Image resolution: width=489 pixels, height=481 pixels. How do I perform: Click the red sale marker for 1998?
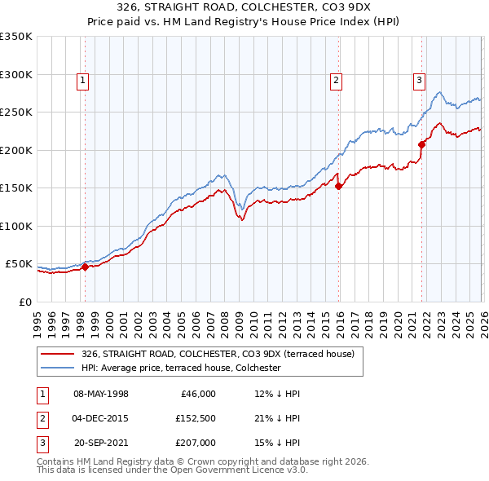(85, 267)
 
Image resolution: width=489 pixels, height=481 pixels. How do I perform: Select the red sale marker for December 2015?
(338, 186)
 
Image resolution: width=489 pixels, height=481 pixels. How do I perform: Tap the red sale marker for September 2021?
(421, 144)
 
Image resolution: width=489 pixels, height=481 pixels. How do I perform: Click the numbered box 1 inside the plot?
(84, 80)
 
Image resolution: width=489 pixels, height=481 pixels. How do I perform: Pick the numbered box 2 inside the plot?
(335, 80)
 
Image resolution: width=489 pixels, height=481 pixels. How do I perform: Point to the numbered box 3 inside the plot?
(418, 80)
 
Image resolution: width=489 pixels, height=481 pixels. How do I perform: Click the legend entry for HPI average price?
(181, 368)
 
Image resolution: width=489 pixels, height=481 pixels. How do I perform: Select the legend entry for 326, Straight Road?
(218, 355)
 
